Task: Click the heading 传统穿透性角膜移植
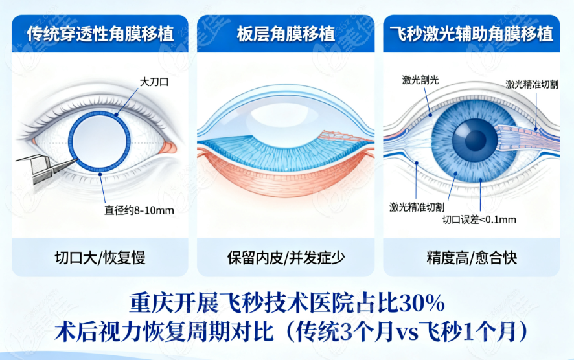[x=100, y=34]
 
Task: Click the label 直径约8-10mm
[x=139, y=210]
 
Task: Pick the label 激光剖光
[x=420, y=80]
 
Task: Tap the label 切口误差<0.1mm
[x=479, y=220]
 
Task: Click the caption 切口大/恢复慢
[x=100, y=258]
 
